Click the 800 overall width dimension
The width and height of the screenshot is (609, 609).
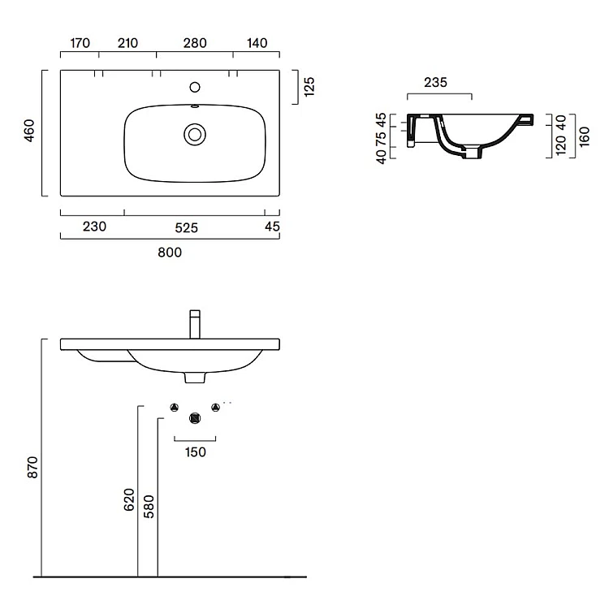pos(170,253)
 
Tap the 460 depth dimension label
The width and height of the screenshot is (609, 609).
pos(29,131)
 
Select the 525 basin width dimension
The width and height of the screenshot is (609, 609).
pos(187,227)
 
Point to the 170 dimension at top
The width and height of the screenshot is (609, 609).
pos(80,43)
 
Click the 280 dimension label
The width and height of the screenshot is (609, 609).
pos(195,43)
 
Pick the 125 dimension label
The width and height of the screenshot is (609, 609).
pos(309,87)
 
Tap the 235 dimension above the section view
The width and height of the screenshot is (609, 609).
pos(435,82)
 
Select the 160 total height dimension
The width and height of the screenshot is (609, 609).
pos(584,136)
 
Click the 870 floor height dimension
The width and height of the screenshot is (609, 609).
pos(32,467)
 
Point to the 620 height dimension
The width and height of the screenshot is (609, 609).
pos(129,499)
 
